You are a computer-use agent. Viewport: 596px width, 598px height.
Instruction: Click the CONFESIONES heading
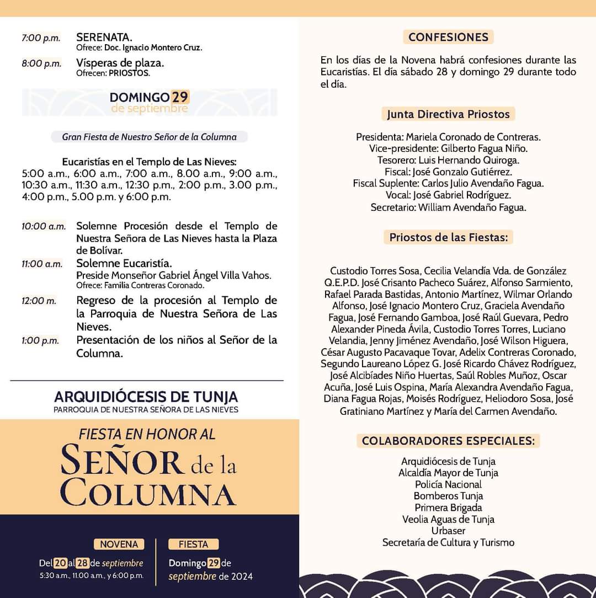pos(448,37)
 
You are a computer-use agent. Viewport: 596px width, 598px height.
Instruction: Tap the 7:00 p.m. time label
pos(41,38)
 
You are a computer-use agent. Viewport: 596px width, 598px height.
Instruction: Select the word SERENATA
pos(104,38)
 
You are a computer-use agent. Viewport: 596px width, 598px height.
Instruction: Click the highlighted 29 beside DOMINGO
pos(180,97)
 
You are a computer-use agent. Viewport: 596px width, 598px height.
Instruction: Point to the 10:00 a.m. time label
pos(44,226)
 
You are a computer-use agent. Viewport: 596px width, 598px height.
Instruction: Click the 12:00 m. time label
pos(39,301)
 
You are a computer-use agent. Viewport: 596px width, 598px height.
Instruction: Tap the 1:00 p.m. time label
pos(40,340)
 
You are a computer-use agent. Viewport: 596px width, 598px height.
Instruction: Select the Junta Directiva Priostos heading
pos(448,114)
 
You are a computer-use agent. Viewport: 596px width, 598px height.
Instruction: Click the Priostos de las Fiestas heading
pos(448,237)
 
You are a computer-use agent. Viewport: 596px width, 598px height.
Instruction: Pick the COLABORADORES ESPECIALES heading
pos(448,441)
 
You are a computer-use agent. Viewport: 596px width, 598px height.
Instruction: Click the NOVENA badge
pos(119,544)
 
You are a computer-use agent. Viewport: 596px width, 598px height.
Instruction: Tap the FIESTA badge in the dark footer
pos(193,544)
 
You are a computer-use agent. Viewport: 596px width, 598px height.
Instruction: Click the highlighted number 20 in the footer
pos(60,563)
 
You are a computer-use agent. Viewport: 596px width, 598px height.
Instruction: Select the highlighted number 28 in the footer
pos(82,563)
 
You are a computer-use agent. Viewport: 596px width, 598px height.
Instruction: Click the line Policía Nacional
pos(448,484)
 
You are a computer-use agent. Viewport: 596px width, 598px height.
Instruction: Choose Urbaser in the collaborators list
pos(448,531)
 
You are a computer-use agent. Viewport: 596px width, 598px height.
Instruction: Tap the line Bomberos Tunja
pos(448,496)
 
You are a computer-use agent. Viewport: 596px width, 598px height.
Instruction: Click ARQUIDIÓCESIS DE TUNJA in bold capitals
pos(146,397)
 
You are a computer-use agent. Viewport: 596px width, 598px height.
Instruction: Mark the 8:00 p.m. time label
pos(41,63)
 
